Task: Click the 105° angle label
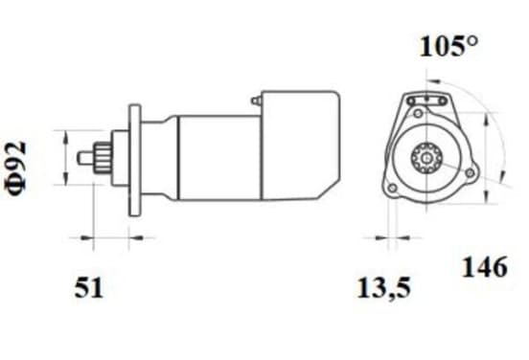point(448,46)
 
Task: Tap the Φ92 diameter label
point(16,168)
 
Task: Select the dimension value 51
point(89,287)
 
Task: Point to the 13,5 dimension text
point(383,288)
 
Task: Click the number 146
point(484,266)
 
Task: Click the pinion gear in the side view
point(103,158)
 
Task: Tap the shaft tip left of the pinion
point(85,158)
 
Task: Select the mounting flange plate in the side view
point(134,160)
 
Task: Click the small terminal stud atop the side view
point(256,101)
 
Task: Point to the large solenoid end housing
point(300,145)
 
